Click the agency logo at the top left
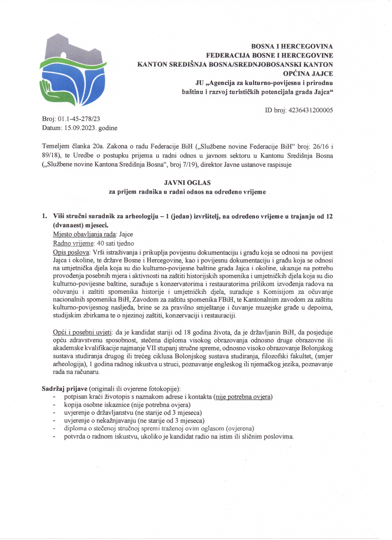tap(73, 70)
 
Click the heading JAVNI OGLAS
tap(187, 183)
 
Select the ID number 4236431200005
tap(311, 110)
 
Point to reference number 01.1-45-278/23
tap(79, 119)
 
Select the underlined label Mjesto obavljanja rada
tap(85, 234)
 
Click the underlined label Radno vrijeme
tap(73, 243)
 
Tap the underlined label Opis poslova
tap(71, 253)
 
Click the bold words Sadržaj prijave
tap(65, 389)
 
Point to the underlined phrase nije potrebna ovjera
tap(243, 397)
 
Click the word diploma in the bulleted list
tap(75, 429)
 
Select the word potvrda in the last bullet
tap(74, 437)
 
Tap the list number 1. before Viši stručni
tap(45, 216)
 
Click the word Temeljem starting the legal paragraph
tap(55, 146)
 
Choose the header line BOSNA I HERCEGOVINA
tap(292, 46)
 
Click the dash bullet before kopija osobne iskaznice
tap(54, 405)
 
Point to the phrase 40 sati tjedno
tap(115, 243)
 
